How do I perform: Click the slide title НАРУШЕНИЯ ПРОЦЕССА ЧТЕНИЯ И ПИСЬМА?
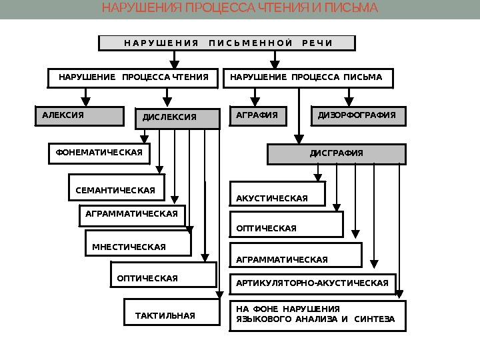[240, 9]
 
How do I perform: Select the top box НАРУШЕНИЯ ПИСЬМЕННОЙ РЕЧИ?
[227, 43]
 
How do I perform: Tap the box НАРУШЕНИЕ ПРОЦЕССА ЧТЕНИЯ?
[133, 78]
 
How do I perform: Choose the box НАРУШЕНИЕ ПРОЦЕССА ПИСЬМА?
[307, 78]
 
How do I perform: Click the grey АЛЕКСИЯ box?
[79, 115]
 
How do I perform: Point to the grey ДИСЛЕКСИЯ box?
[177, 118]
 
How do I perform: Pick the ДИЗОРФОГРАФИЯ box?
[358, 115]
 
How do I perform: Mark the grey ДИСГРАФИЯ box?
[337, 154]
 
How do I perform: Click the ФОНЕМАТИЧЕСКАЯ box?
[99, 153]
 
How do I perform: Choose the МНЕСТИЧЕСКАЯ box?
[137, 244]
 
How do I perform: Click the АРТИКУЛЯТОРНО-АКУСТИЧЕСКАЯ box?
[313, 283]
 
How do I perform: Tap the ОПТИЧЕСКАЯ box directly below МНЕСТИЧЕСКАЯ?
[163, 274]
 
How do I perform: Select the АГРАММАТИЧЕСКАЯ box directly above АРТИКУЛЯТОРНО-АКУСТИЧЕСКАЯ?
[296, 255]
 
